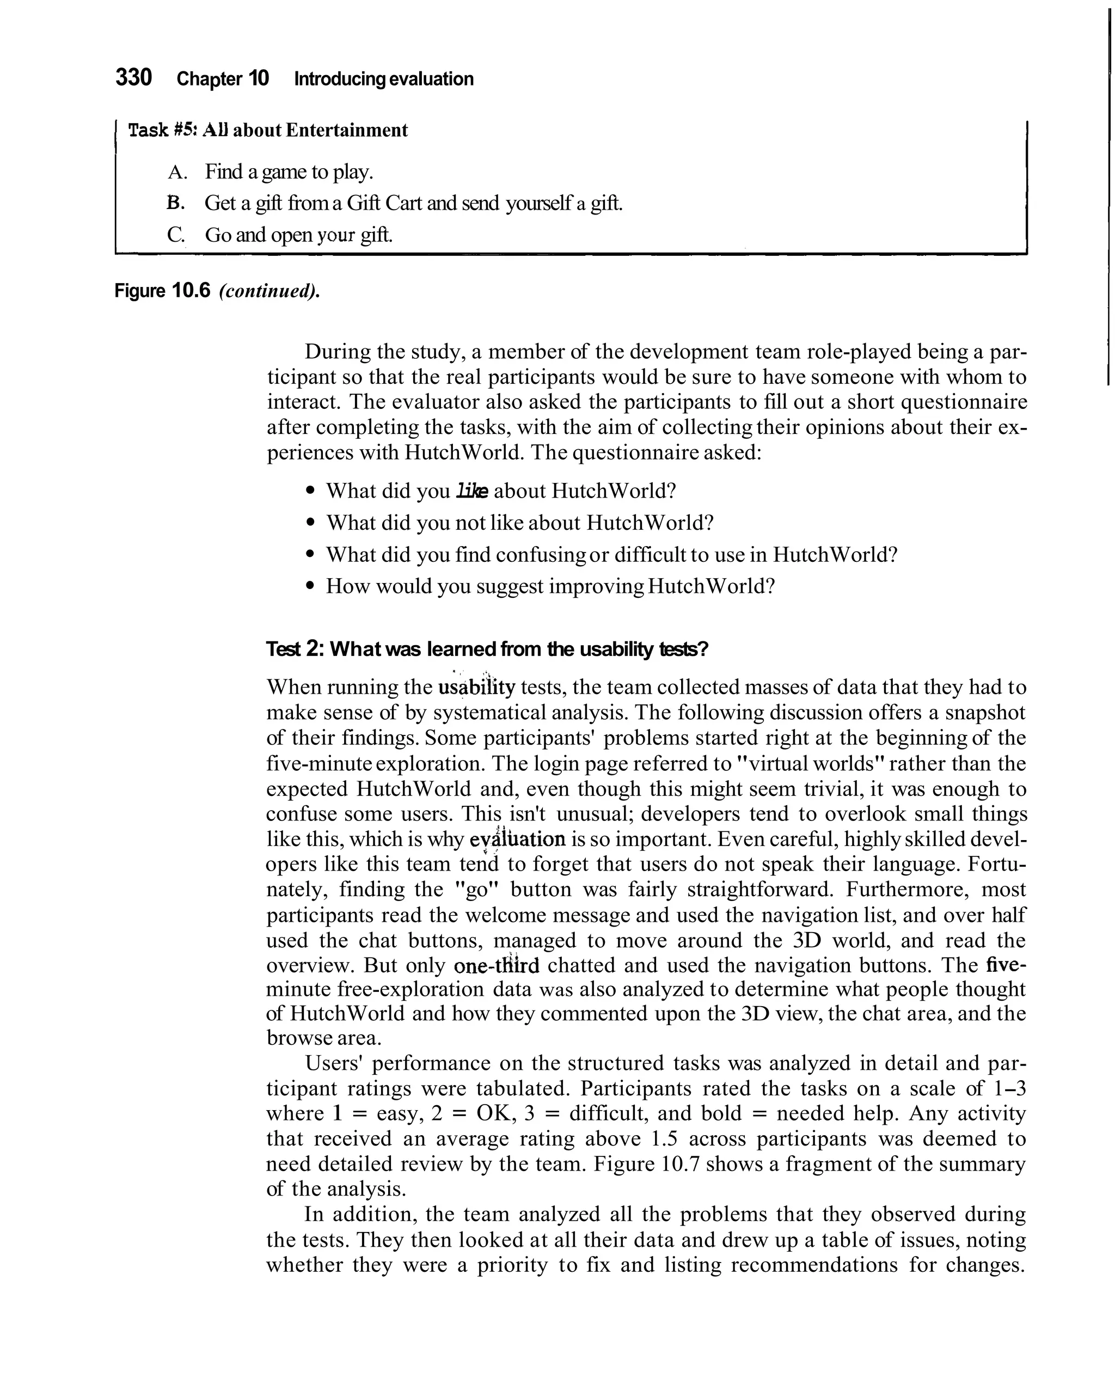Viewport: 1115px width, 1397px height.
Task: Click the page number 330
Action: pyautogui.click(x=133, y=77)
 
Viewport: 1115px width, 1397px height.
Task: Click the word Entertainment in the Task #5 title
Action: pyautogui.click(x=347, y=130)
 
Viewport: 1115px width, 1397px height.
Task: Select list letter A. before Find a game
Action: pyautogui.click(x=177, y=173)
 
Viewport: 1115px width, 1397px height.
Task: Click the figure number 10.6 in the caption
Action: pyautogui.click(x=191, y=291)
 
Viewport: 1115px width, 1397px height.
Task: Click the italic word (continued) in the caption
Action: pyautogui.click(x=269, y=291)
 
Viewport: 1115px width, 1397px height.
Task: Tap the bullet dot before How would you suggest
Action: pyautogui.click(x=311, y=586)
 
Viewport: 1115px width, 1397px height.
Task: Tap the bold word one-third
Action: pyautogui.click(x=497, y=966)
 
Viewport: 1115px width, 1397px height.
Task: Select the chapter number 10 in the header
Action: pyautogui.click(x=258, y=79)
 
